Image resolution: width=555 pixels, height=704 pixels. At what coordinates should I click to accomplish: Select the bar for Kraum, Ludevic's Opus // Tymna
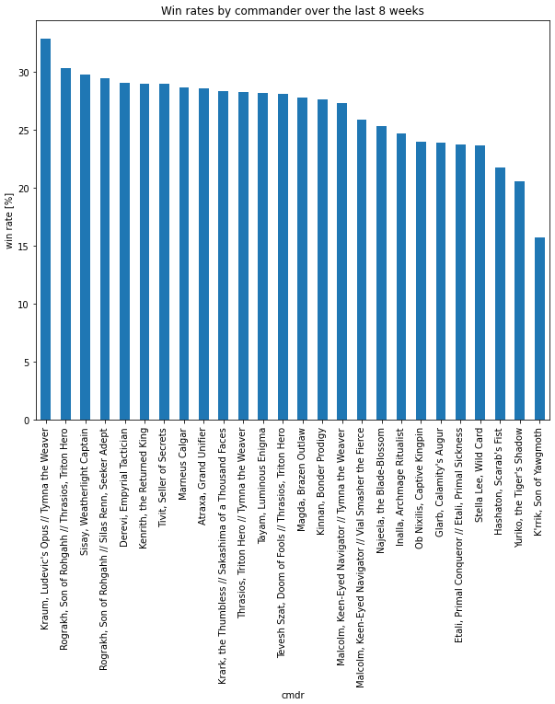click(x=45, y=230)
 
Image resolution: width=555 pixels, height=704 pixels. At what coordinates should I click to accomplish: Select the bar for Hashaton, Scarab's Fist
click(x=500, y=294)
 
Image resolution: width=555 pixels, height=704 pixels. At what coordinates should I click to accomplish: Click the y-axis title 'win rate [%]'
click(x=10, y=222)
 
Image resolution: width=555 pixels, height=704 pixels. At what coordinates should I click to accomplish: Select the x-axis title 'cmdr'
click(x=292, y=695)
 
